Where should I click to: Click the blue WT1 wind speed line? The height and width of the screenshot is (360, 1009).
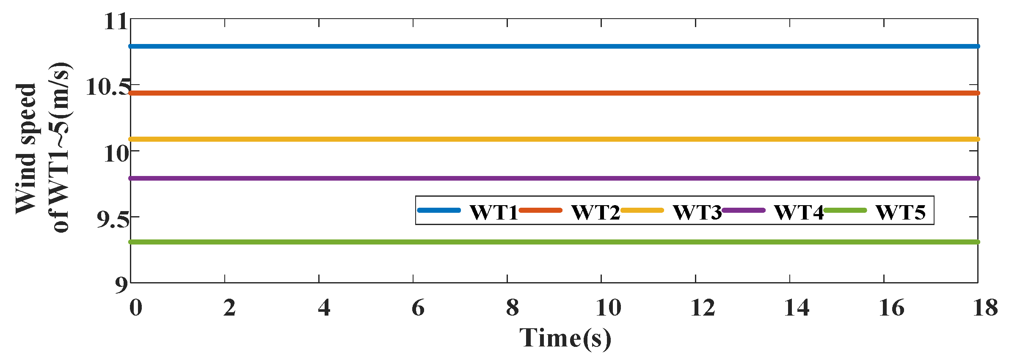(x=550, y=46)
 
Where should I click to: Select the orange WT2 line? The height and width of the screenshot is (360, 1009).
(x=550, y=93)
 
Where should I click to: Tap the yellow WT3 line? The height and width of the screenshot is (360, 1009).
(x=550, y=139)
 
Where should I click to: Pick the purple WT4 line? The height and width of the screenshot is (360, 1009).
(x=296, y=179)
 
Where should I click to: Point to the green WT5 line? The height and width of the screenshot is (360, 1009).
(x=550, y=242)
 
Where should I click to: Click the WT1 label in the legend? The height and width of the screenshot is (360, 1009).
(x=493, y=212)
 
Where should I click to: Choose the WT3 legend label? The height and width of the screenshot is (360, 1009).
(x=697, y=212)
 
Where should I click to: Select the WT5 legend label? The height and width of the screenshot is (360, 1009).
(x=900, y=212)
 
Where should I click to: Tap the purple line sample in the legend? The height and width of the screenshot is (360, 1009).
(x=744, y=210)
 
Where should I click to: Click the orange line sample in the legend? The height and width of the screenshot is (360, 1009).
(x=540, y=210)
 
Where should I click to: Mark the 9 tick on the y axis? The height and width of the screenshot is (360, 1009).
(x=121, y=285)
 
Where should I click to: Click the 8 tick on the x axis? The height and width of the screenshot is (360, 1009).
(x=512, y=308)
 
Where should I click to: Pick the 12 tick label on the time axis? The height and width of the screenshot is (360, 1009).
(x=703, y=308)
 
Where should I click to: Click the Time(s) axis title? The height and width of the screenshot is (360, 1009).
(x=565, y=338)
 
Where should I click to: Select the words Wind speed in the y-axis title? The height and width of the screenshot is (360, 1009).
(x=26, y=148)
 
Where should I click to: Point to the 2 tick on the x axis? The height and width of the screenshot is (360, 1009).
(x=229, y=308)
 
